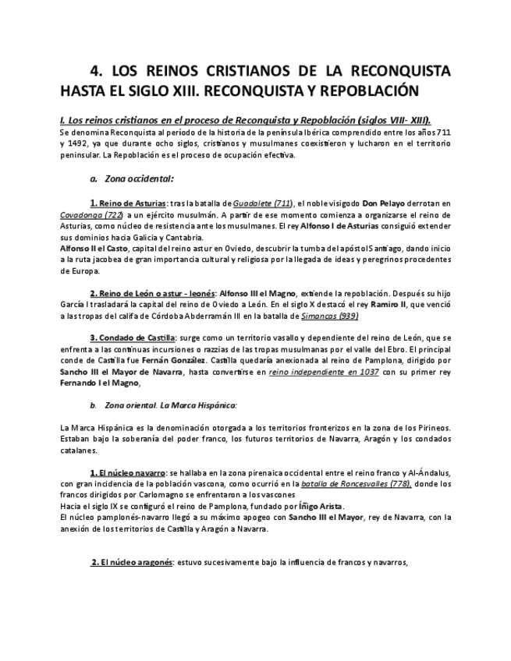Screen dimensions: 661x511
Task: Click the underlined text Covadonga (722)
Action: point(90,214)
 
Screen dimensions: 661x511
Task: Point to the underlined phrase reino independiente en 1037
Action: point(324,372)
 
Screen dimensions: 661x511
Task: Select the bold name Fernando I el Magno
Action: point(100,384)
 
